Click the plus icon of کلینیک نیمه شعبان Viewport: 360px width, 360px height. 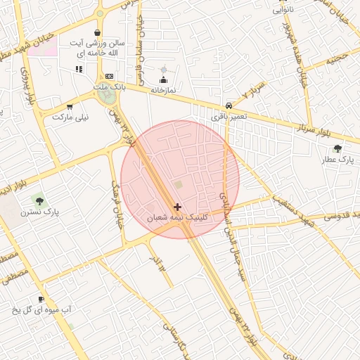tap(177, 207)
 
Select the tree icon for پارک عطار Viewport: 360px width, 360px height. tap(338, 149)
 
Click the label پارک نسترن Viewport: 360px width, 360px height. tap(39, 211)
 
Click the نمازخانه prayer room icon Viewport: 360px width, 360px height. tap(165, 80)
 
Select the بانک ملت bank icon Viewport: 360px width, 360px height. tap(109, 76)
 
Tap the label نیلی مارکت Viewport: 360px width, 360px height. tap(71, 117)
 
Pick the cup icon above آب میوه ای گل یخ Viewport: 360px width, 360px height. tap(41, 299)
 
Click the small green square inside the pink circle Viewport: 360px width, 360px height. tap(178, 185)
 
